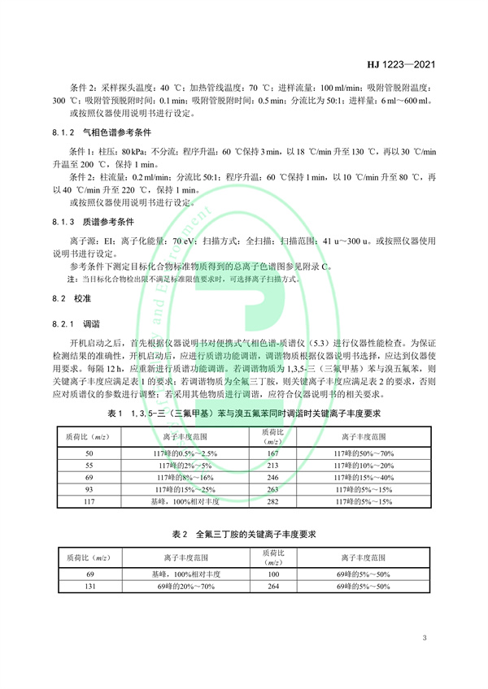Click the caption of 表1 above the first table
[x=244, y=414]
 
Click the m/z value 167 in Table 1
[x=272, y=452]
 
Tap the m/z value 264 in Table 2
[x=272, y=586]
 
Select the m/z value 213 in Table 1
[x=272, y=465]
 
